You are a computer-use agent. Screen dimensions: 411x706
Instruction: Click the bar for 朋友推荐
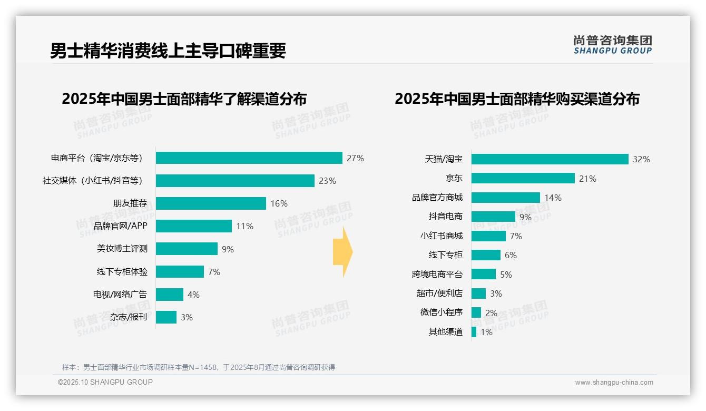pyautogui.click(x=211, y=203)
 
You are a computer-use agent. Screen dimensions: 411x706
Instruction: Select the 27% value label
pyautogui.click(x=355, y=158)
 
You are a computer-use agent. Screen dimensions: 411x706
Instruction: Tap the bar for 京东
pyautogui.click(x=523, y=178)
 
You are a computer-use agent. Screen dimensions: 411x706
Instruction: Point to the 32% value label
pyautogui.click(x=641, y=159)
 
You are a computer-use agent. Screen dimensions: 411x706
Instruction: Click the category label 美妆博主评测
pyautogui.click(x=122, y=249)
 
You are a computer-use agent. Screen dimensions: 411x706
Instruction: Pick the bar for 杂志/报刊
pyautogui.click(x=166, y=317)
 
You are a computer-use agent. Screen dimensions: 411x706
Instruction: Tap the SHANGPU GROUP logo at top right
pyautogui.click(x=612, y=45)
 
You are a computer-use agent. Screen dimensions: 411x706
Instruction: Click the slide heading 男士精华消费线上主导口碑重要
pyautogui.click(x=168, y=51)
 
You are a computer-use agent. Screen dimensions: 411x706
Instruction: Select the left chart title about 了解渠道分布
pyautogui.click(x=184, y=99)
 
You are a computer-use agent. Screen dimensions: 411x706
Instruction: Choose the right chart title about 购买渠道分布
pyautogui.click(x=517, y=99)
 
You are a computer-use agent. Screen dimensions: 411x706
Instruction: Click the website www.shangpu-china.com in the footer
pyautogui.click(x=614, y=383)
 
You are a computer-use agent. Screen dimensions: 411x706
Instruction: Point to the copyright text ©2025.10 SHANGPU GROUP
pyautogui.click(x=105, y=382)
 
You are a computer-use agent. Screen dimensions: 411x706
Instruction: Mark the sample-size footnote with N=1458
pyautogui.click(x=199, y=367)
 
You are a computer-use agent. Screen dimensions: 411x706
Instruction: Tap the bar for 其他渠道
pyautogui.click(x=474, y=332)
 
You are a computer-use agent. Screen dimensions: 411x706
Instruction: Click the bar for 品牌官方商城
pyautogui.click(x=506, y=198)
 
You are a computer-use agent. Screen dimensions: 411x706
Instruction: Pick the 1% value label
pyautogui.click(x=486, y=332)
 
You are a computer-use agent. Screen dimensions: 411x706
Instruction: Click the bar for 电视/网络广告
pyautogui.click(x=170, y=295)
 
